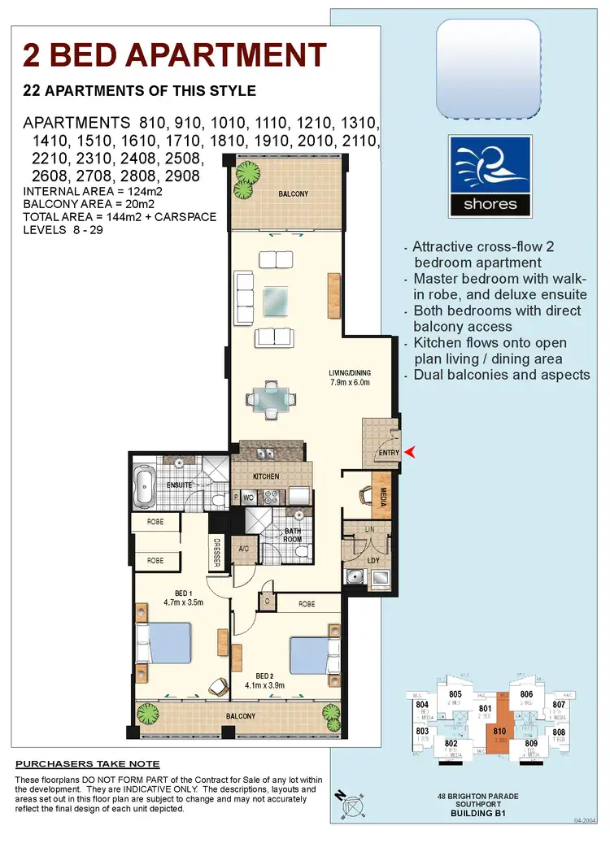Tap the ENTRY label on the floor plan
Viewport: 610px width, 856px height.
pos(390,453)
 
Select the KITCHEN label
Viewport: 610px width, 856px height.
pos(265,476)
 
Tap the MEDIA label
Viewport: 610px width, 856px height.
pos(382,495)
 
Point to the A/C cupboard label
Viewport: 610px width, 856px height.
pos(244,549)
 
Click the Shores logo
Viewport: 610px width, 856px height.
pos(490,176)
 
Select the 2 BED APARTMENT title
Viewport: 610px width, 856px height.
pos(175,55)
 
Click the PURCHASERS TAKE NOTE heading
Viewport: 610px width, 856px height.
pos(88,764)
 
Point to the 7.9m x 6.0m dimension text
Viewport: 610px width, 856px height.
pos(349,383)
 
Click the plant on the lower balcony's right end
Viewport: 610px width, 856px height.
pos(331,716)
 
